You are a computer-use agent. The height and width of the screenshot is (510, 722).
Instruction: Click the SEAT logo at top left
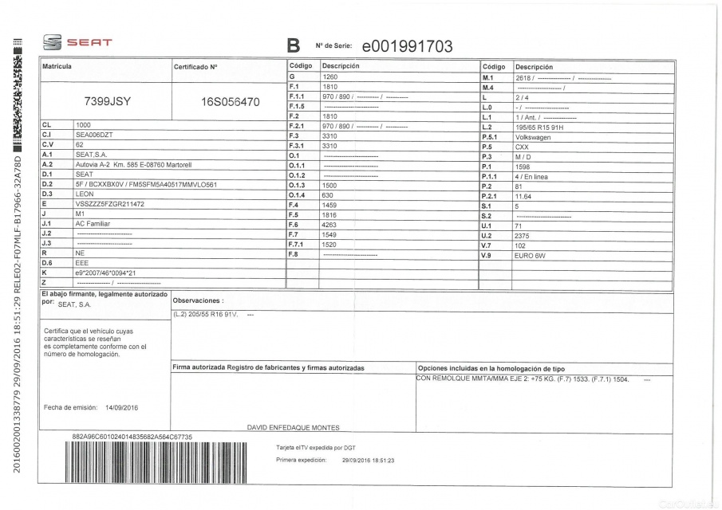coord(77,42)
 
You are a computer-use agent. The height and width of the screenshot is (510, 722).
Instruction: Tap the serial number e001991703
coord(407,46)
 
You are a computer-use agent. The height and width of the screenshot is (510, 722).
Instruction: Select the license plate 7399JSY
coord(108,102)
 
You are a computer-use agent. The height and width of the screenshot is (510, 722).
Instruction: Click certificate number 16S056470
coord(231,102)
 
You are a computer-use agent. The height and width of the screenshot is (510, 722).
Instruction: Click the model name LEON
coord(84,194)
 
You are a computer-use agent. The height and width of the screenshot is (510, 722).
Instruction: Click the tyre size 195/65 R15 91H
coord(540,126)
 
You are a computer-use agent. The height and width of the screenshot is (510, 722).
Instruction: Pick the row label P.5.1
coord(491,136)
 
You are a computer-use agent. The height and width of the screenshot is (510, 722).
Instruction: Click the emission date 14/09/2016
coord(122,407)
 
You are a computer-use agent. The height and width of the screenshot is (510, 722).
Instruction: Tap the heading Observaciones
coord(198,301)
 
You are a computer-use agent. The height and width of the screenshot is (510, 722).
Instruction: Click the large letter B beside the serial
coord(292,46)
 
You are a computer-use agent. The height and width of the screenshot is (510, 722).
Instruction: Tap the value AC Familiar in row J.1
coord(90,224)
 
